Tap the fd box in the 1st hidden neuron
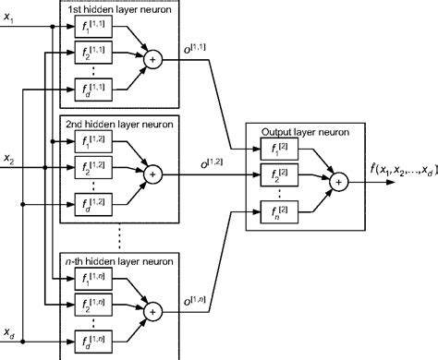click(91, 87)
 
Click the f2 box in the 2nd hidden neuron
click(91, 172)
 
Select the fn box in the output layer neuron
click(279, 211)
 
